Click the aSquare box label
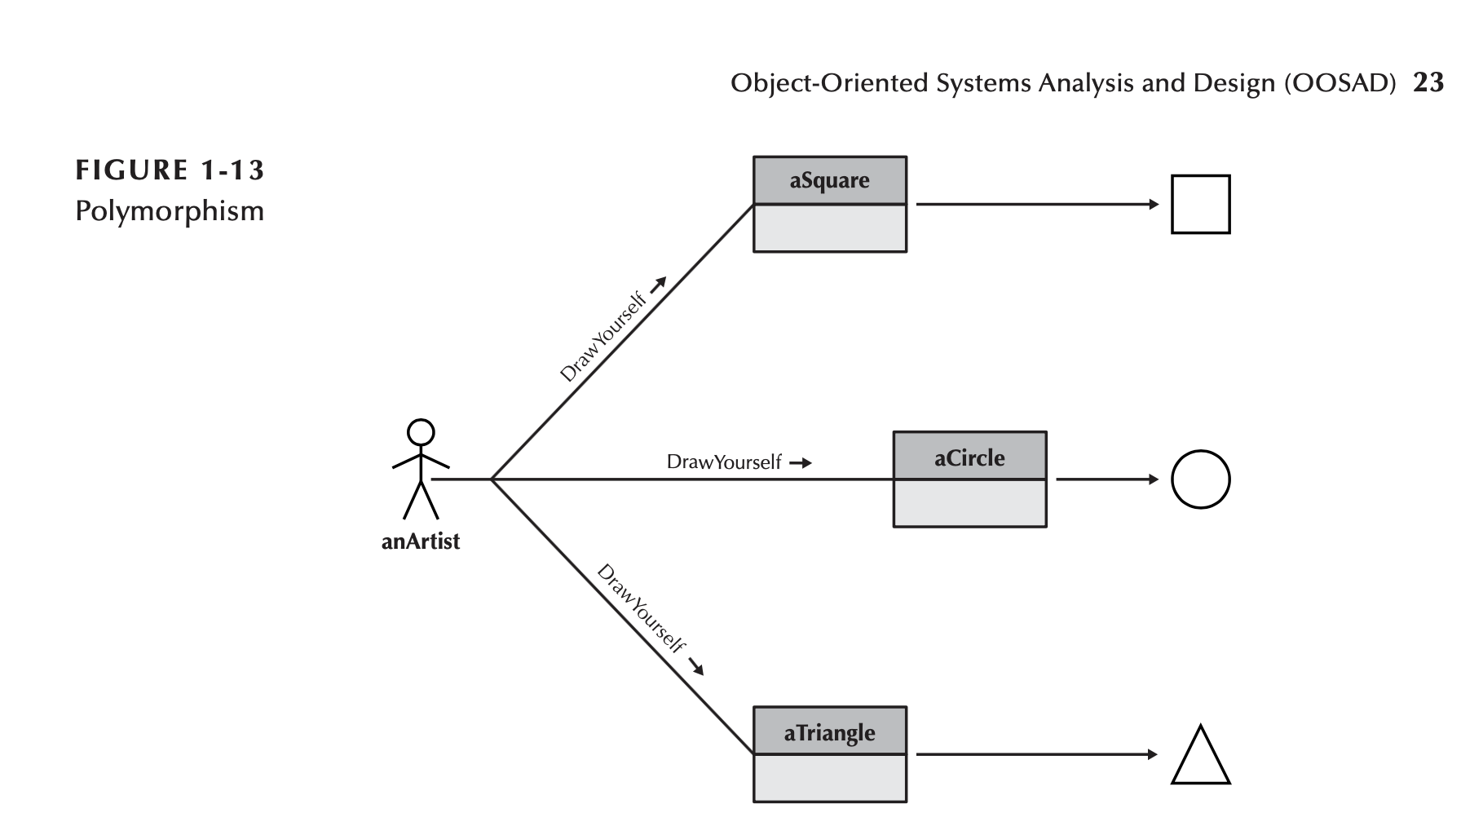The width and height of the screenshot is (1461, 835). click(x=829, y=180)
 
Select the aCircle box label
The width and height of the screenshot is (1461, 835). click(x=969, y=457)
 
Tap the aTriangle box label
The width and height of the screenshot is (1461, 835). click(x=829, y=732)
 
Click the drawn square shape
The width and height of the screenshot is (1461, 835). click(x=1200, y=205)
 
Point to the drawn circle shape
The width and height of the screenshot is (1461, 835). click(x=1200, y=479)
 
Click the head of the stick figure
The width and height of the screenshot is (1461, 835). click(x=421, y=431)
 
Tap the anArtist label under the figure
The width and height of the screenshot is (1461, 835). click(x=421, y=541)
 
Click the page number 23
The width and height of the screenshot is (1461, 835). click(x=1428, y=83)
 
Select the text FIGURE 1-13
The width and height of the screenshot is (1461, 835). click(x=170, y=170)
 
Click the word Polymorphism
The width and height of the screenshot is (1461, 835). click(x=170, y=211)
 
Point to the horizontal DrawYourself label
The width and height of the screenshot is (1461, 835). click(x=724, y=462)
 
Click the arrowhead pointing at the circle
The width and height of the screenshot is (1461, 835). click(x=1153, y=479)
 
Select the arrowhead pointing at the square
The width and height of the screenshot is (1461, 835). click(x=1153, y=205)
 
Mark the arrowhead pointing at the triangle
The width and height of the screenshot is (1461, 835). click(x=1153, y=754)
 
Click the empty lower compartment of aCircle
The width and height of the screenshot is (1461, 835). click(x=969, y=503)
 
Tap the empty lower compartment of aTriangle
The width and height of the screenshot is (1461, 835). click(x=829, y=778)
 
